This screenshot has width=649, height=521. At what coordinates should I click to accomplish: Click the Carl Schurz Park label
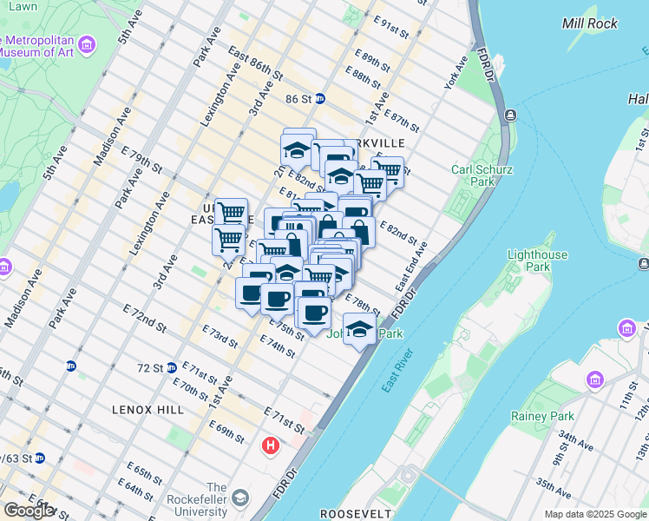point(473,175)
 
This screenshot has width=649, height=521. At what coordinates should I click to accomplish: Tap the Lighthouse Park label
point(537,260)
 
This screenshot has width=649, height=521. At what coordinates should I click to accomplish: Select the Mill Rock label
point(590,23)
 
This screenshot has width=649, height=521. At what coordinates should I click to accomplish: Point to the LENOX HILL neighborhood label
point(143,409)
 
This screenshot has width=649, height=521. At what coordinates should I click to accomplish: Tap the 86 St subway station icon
point(319,99)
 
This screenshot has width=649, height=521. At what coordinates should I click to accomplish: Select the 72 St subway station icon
point(171,367)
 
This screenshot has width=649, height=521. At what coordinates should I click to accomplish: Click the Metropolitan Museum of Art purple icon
point(87,44)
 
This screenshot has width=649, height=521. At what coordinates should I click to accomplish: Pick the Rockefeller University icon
point(240,498)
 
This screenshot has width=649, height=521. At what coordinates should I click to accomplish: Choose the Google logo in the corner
point(29,511)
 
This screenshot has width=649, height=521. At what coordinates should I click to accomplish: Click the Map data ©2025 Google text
point(595,514)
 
